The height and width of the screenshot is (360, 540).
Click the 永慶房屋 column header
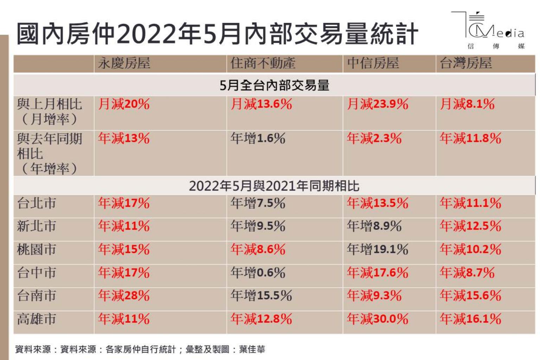[124, 64]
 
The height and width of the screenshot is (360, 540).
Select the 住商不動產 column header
[263, 64]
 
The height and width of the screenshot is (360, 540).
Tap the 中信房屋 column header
[373, 64]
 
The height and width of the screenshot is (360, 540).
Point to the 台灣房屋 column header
[466, 64]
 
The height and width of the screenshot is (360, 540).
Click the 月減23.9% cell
[378, 104]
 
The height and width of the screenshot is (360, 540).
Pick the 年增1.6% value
[258, 139]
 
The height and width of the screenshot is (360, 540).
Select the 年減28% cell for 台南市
[124, 296]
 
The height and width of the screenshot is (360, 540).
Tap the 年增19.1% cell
[378, 249]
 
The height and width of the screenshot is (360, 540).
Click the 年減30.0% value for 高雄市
[378, 319]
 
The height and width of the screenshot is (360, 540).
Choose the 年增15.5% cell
[261, 296]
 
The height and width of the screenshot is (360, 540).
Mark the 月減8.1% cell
[467, 104]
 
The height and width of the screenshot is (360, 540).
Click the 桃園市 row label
[37, 249]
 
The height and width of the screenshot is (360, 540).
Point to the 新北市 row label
[37, 226]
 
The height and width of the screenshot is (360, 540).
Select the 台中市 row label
[37, 272]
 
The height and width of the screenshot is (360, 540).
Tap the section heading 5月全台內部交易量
[274, 85]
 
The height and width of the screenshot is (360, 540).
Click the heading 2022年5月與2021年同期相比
[274, 186]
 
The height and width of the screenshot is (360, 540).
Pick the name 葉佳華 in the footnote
[252, 349]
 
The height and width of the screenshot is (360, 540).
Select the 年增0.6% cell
[258, 272]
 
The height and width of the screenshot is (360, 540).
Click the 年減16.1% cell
[470, 319]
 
